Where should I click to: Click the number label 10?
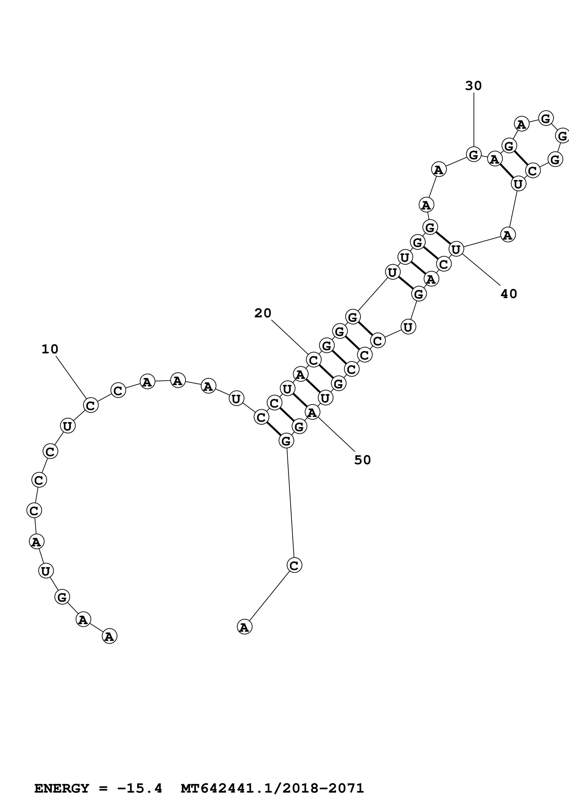[50, 349]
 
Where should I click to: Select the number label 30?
[473, 86]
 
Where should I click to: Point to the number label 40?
[509, 294]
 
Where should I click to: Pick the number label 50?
[362, 460]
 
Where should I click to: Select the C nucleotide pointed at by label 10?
[90, 405]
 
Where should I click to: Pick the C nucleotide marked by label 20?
[314, 360]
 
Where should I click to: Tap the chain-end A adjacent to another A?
[109, 636]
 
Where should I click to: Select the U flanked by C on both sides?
[67, 426]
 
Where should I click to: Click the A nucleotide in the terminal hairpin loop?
[521, 124]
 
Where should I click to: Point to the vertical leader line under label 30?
[474, 119]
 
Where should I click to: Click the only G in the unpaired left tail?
[62, 597]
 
